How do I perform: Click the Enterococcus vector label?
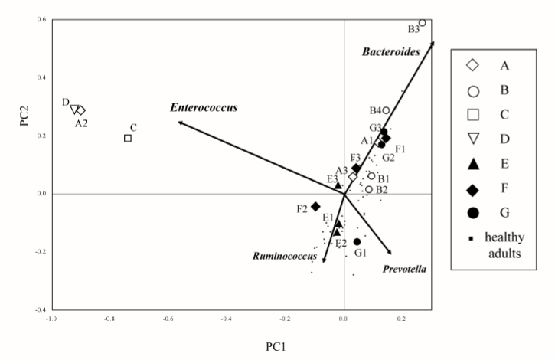(204, 108)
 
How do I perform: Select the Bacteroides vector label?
(388, 50)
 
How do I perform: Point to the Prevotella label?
(403, 270)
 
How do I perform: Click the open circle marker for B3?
(422, 23)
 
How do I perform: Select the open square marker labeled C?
(128, 138)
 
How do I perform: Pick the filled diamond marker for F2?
(315, 206)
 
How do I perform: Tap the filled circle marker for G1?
(357, 242)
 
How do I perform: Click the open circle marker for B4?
(387, 110)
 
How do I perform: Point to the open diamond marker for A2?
(81, 110)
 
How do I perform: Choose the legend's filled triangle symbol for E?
(474, 163)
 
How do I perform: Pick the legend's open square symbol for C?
(474, 115)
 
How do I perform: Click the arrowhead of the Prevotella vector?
(391, 254)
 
